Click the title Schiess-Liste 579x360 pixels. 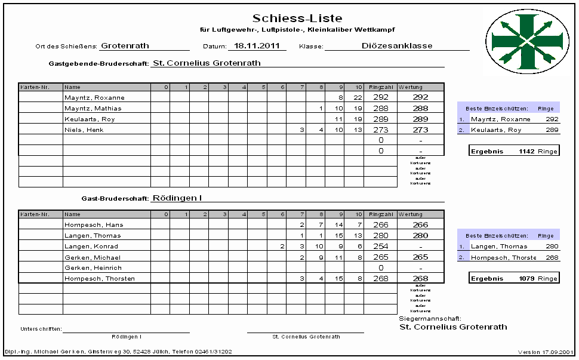tap(297, 19)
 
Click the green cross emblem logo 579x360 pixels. tap(525, 40)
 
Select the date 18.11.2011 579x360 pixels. tap(257, 45)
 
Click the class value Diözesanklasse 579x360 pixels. tap(397, 45)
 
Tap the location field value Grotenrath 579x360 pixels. tap(125, 45)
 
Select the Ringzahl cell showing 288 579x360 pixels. tap(380, 108)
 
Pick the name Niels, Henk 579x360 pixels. tap(81, 130)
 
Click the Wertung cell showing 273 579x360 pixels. tap(420, 130)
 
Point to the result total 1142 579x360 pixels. tap(528, 151)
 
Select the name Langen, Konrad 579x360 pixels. tap(91, 247)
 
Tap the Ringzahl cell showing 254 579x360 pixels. tap(380, 247)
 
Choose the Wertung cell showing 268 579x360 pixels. tap(420, 279)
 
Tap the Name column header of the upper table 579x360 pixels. tap(72, 87)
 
